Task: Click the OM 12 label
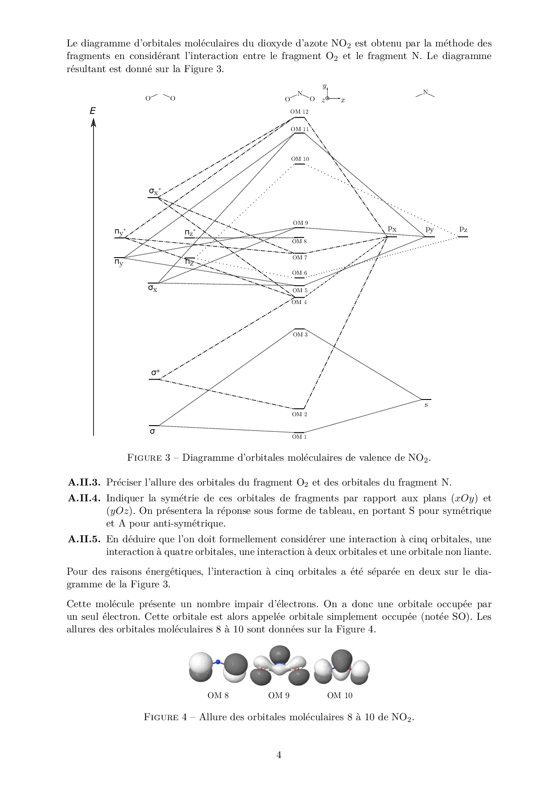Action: [299, 112]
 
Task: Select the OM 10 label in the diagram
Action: [300, 159]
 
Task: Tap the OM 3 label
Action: [300, 335]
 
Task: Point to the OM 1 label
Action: [299, 437]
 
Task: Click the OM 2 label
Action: [300, 414]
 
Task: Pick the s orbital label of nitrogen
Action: [426, 405]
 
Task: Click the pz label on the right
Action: [463, 229]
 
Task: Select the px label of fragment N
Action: [392, 229]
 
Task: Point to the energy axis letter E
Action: [93, 111]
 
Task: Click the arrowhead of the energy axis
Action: [94, 122]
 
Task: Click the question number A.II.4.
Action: [84, 498]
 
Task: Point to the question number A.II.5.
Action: [84, 539]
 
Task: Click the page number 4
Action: [279, 755]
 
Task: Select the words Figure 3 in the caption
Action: [148, 458]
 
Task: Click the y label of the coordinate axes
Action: [324, 86]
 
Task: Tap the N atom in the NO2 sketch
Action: [300, 94]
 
